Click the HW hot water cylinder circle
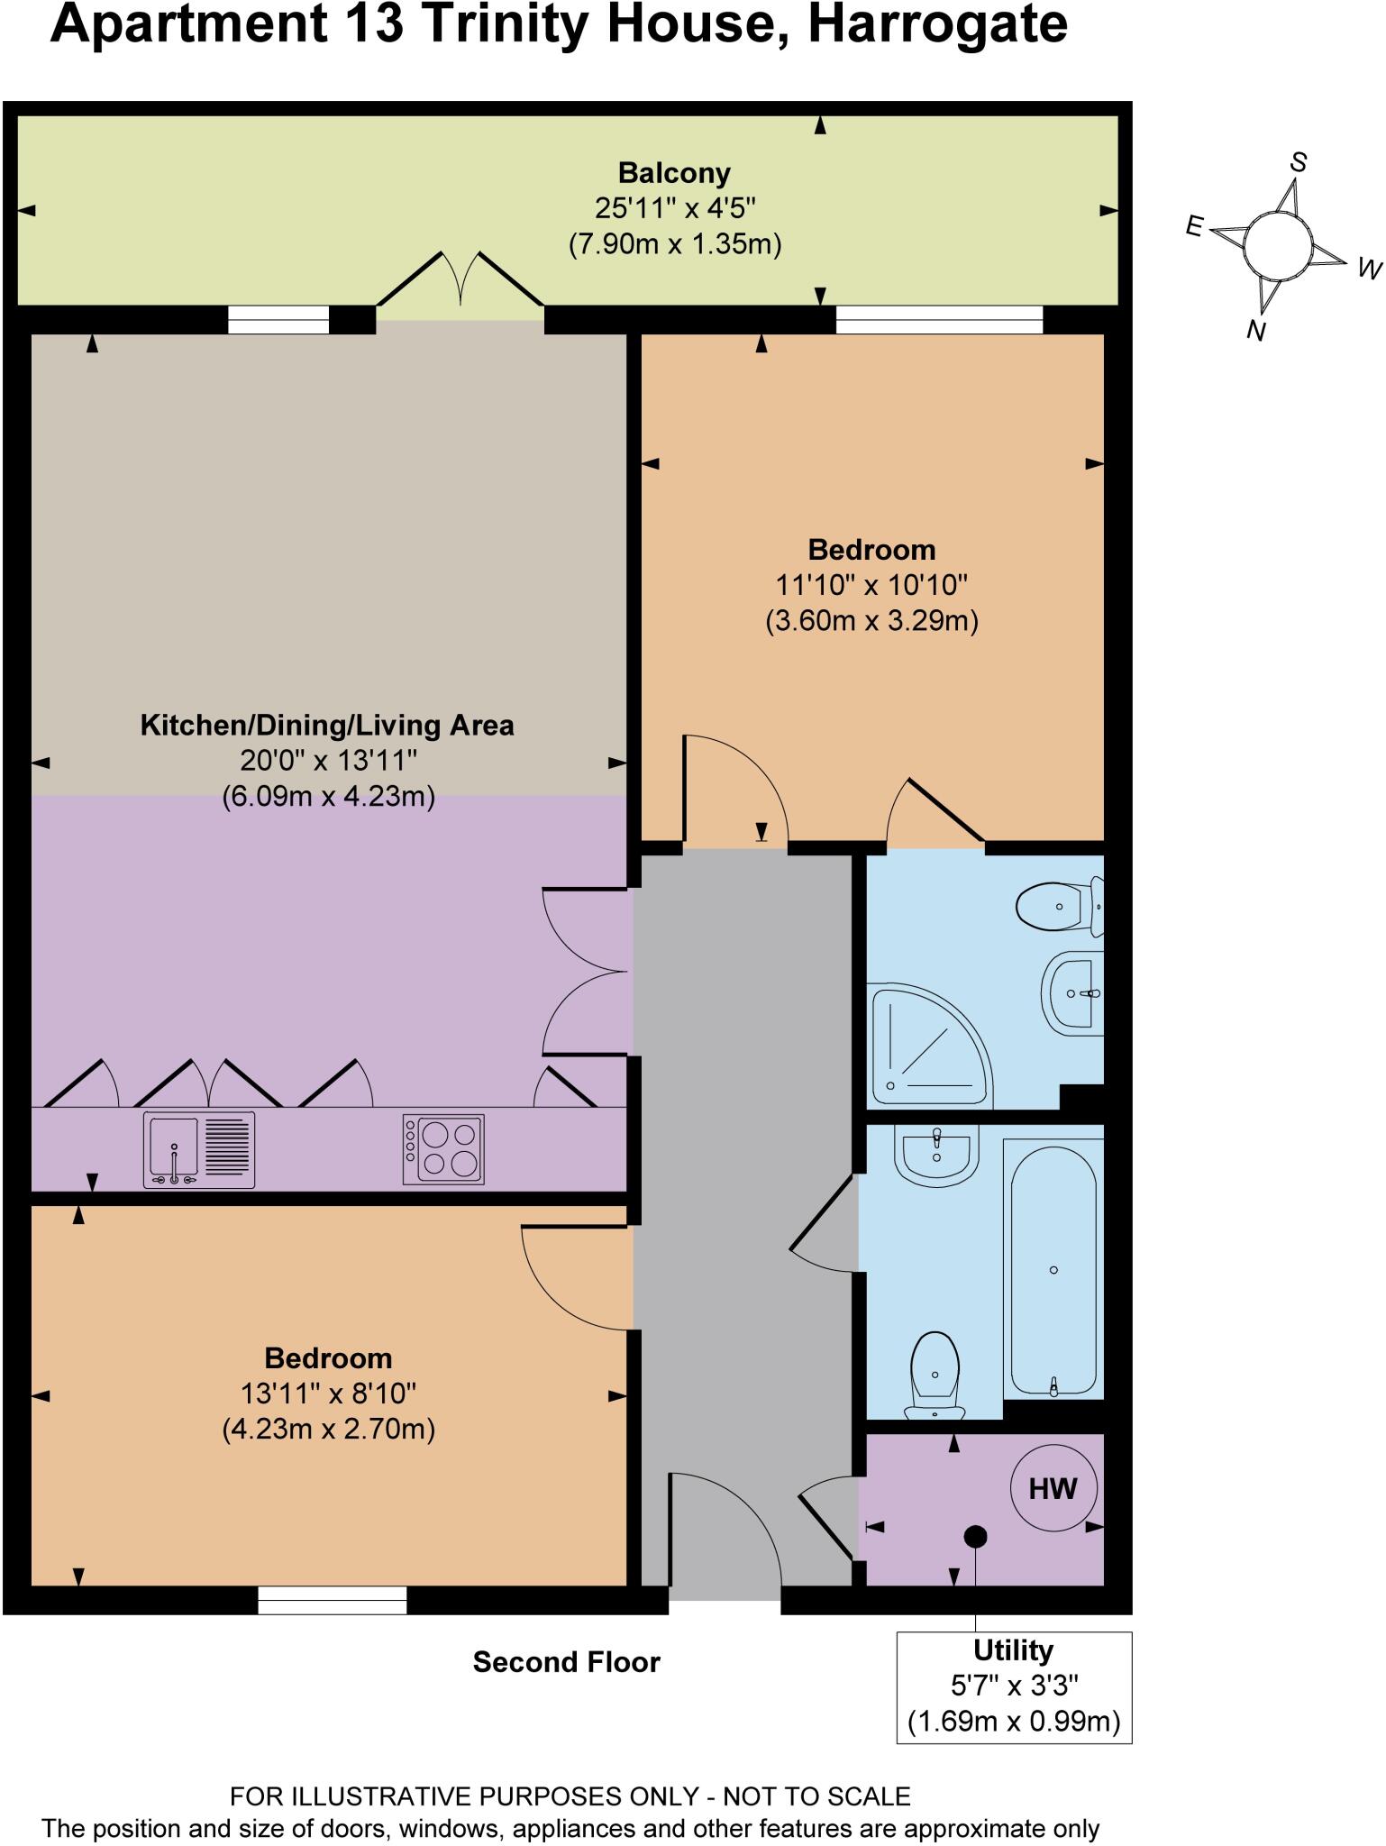click(1053, 1488)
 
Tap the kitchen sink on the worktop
click(199, 1150)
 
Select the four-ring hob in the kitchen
click(443, 1150)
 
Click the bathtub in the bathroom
click(1053, 1269)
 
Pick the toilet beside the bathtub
click(935, 1375)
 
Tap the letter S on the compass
click(1298, 162)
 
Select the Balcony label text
click(674, 172)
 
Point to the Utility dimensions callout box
click(1014, 1687)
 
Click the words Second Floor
click(566, 1662)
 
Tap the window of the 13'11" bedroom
click(332, 1601)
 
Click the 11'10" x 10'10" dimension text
click(871, 585)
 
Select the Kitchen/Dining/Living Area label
click(327, 726)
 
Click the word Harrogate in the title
click(937, 25)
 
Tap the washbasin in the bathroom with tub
click(936, 1153)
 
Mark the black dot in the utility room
click(975, 1537)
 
